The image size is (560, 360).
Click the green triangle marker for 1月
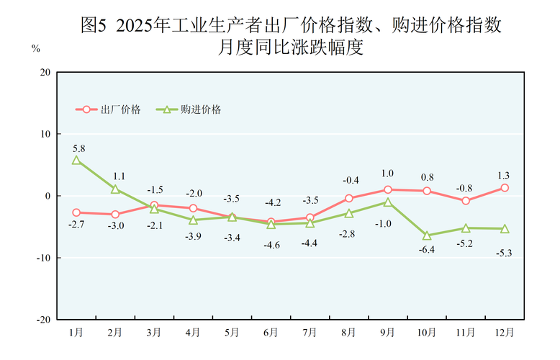point(76,160)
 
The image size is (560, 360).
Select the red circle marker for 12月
point(505,188)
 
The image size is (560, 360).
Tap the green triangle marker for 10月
point(427,235)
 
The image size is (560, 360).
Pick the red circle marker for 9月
point(388,189)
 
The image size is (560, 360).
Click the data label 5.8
point(79,148)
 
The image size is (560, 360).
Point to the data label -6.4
point(427,250)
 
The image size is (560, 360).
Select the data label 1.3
point(503,175)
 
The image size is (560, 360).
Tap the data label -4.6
point(271,246)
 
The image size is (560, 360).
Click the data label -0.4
point(351,180)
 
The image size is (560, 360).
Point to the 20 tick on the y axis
point(45,72)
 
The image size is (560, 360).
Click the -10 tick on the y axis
point(43,258)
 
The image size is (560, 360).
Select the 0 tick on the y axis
point(48,196)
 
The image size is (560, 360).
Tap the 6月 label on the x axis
point(271,333)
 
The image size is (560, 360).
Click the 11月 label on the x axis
point(466,333)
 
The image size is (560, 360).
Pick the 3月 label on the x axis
point(154,333)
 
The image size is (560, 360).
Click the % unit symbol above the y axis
point(35,49)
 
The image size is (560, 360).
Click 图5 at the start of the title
point(94,25)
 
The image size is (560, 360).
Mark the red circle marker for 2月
point(115,214)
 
